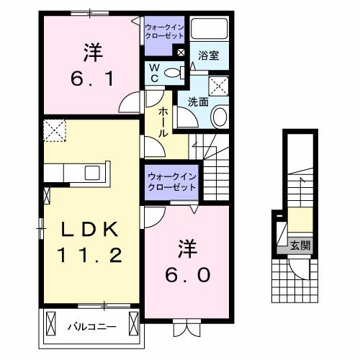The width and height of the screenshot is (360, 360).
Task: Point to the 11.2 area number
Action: [89, 253]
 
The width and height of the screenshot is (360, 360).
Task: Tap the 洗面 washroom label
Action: [199, 102]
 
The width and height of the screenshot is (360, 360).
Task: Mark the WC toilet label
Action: [155, 72]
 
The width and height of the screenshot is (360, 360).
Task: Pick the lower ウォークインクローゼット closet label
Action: [171, 181]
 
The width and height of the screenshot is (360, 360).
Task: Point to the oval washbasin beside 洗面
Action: [220, 117]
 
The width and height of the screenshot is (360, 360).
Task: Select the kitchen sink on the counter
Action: [91, 173]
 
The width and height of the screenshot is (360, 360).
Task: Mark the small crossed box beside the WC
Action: [181, 53]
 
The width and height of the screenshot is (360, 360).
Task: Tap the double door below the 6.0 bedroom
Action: [184, 328]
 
